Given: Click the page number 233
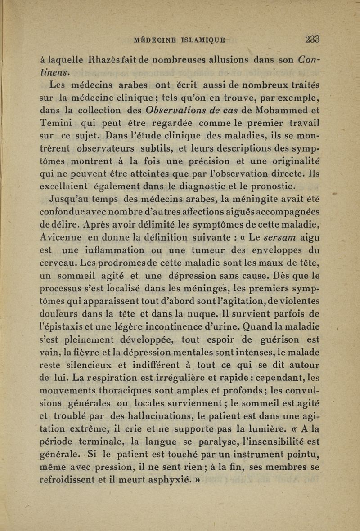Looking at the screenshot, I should [x=312, y=39].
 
